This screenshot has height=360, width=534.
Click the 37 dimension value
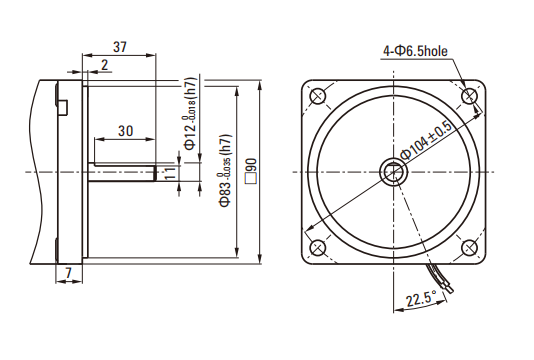tap(120, 47)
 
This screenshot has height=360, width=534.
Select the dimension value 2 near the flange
tap(105, 65)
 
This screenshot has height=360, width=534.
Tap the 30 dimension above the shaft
tap(126, 131)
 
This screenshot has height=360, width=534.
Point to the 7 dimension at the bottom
tap(69, 272)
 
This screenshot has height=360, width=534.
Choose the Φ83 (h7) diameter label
tap(226, 171)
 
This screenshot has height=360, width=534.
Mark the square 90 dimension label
tap(251, 171)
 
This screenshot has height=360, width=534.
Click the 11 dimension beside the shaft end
tap(171, 173)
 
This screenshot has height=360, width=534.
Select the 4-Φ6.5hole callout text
tap(415, 51)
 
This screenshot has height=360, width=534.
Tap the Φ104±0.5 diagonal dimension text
tap(426, 140)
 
